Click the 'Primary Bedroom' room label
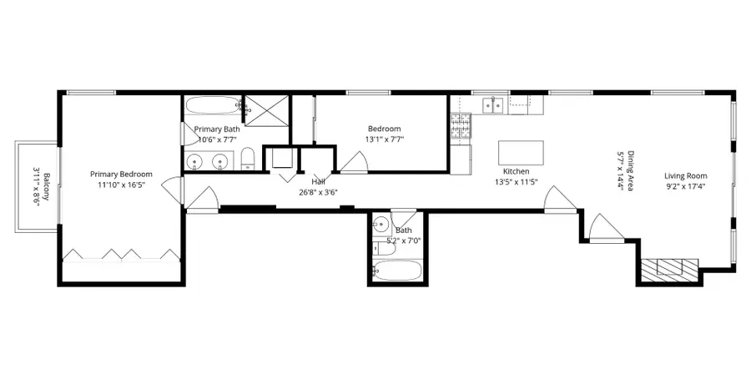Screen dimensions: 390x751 click(121, 175)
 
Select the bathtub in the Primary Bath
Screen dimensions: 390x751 click(211, 107)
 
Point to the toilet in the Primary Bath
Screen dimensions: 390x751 click(248, 159)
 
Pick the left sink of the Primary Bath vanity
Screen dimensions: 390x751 click(196, 161)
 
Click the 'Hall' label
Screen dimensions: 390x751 click(318, 180)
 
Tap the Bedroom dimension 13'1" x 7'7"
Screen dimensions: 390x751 click(384, 140)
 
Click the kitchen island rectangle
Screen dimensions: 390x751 click(521, 153)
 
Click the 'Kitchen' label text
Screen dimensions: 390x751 click(516, 171)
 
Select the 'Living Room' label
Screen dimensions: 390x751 click(685, 175)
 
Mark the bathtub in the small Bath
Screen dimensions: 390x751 click(397, 271)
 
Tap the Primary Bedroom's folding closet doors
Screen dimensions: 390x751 click(121, 252)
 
